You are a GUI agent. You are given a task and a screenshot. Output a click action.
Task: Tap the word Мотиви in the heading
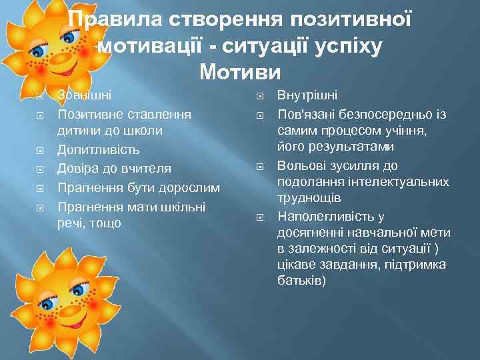click(x=240, y=70)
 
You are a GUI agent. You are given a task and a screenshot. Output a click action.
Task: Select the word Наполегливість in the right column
click(x=321, y=217)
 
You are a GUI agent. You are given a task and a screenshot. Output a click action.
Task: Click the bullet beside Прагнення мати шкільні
click(x=41, y=206)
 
